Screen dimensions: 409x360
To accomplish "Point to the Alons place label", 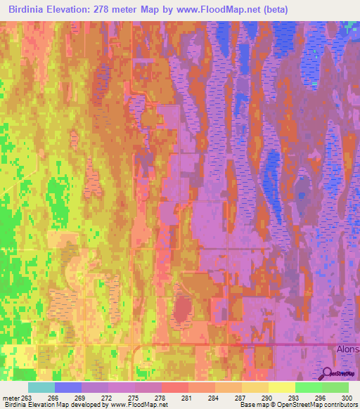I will [346, 348].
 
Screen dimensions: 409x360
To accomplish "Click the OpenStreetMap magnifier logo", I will [327, 373].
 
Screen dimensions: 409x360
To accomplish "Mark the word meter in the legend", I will [10, 397].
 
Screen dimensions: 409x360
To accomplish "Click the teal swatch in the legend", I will [41, 387].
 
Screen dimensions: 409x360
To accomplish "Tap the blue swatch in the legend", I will [68, 387].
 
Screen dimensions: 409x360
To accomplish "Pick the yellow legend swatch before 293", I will [282, 387].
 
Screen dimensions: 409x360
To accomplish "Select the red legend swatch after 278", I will [175, 387].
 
